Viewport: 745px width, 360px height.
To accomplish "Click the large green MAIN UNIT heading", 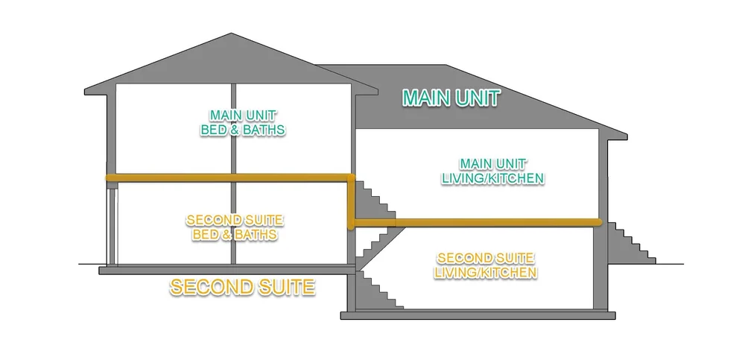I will click(x=451, y=98).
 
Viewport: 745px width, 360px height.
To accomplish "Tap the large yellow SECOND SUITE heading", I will click(x=243, y=287).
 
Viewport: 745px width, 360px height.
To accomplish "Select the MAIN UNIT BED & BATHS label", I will click(x=243, y=123).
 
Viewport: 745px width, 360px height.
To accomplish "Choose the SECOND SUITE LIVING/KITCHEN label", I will click(x=486, y=266).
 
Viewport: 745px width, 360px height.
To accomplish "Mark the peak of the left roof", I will click(x=234, y=36).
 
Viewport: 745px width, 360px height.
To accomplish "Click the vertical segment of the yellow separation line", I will click(x=350, y=201).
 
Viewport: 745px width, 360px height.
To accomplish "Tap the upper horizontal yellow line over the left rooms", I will click(x=223, y=178).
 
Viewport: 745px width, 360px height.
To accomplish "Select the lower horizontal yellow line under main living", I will click(x=477, y=222).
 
